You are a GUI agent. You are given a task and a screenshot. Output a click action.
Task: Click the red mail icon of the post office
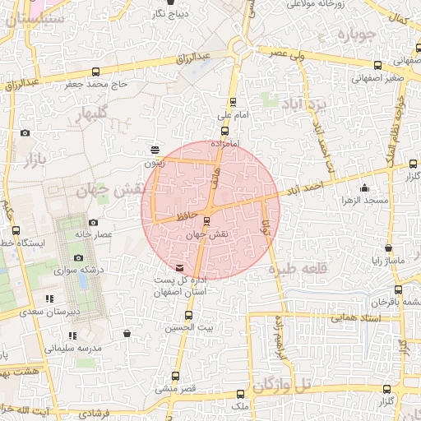180,268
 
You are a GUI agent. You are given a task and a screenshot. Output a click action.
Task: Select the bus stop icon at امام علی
233,103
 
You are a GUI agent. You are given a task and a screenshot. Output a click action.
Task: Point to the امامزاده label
224,143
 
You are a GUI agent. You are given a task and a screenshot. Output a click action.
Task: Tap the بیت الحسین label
192,326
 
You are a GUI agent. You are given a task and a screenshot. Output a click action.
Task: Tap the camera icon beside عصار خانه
92,222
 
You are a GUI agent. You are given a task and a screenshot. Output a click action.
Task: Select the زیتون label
155,163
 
